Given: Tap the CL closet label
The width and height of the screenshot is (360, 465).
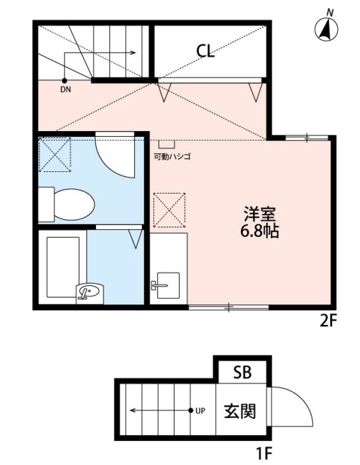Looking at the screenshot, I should click(x=206, y=51).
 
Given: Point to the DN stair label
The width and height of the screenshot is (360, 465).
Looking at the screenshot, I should click(x=65, y=90).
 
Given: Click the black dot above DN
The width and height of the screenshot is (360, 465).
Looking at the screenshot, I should click(x=64, y=81).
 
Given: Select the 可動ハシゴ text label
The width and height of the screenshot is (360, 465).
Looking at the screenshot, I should click(x=172, y=156).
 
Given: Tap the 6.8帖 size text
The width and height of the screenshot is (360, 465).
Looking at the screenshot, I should click(x=260, y=231).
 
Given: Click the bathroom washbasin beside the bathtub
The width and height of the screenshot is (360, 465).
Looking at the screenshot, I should click(x=91, y=291).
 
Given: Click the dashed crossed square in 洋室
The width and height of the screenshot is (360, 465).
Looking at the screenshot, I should click(x=169, y=209).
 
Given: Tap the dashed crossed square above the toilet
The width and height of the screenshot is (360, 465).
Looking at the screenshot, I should click(x=55, y=154).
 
